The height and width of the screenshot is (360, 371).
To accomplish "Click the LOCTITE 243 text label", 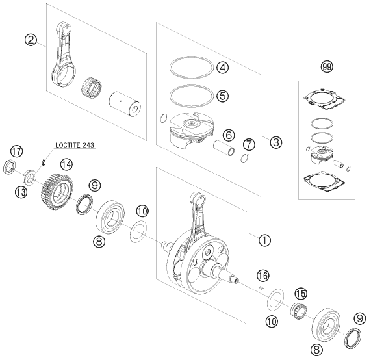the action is tap(75, 145).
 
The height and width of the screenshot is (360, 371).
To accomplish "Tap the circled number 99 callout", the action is tap(327, 67).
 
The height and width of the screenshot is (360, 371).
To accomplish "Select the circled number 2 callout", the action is tap(31, 40).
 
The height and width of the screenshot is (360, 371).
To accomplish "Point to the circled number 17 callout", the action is tap(16, 151).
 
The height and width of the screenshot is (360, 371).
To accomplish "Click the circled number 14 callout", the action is tap(66, 164).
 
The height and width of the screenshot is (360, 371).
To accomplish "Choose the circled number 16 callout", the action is tap(263, 276).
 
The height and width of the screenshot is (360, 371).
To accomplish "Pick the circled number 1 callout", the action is tap(264, 240).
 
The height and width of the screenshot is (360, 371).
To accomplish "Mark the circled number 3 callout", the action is tap(276, 142).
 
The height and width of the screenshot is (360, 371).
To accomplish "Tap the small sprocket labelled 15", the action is tap(299, 311).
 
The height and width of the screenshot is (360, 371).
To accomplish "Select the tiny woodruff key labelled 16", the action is tap(261, 288).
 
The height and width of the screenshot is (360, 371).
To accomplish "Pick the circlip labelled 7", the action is tap(244, 159).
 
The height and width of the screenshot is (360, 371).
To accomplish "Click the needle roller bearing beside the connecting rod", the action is tap(92, 88).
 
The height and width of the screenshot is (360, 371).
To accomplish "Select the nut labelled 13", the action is tap(30, 177).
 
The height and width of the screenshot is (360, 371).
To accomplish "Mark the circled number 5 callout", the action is tap(222, 96).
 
